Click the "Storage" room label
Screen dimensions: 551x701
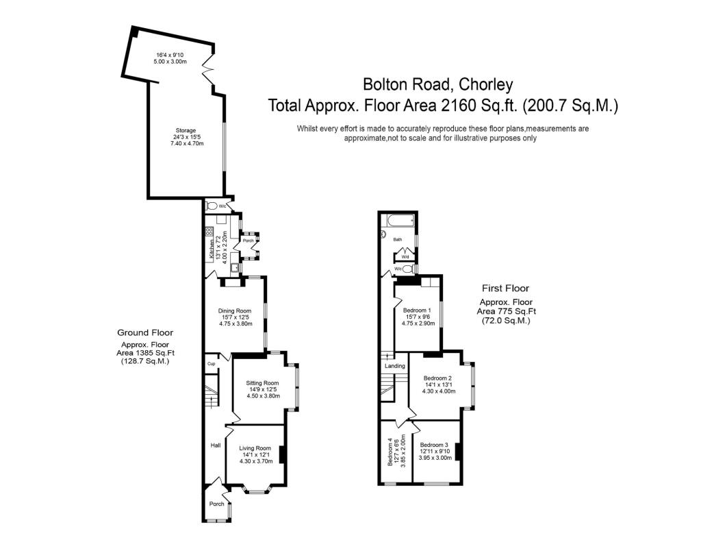click(184, 130)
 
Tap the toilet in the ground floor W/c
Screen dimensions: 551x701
click(212, 206)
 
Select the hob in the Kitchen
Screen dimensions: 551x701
click(209, 232)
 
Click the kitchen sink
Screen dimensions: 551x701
click(235, 268)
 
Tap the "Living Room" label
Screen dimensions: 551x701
click(255, 448)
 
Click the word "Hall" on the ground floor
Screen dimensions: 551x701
click(214, 445)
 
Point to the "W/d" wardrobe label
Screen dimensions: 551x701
click(405, 257)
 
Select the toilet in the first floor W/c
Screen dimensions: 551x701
click(409, 269)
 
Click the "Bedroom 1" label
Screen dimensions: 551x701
click(417, 310)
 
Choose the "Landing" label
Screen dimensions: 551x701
click(394, 366)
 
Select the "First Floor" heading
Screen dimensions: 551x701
click(506, 289)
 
